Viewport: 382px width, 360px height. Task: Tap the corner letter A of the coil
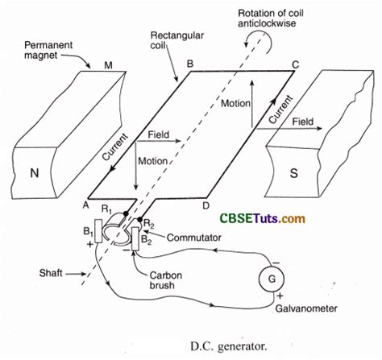[x=84, y=204]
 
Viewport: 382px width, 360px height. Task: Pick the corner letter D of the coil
[x=208, y=205]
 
